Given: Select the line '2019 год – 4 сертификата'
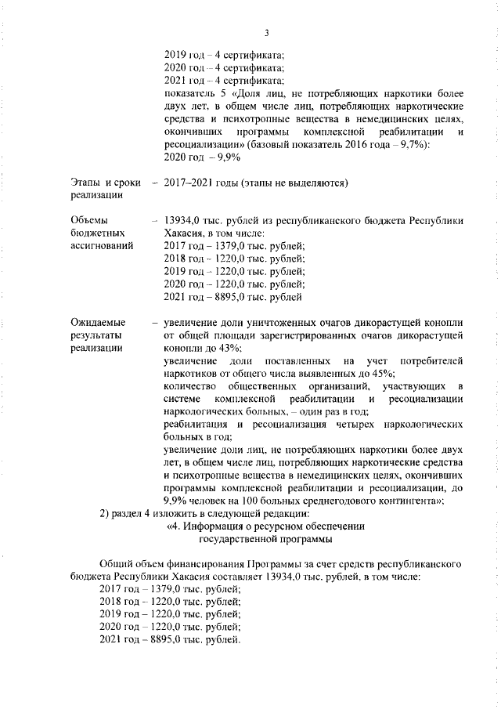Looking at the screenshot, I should pyautogui.click(x=224, y=55).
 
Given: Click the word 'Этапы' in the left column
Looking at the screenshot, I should pyautogui.click(x=85, y=183).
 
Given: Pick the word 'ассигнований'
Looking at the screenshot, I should pyautogui.click(x=101, y=247).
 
